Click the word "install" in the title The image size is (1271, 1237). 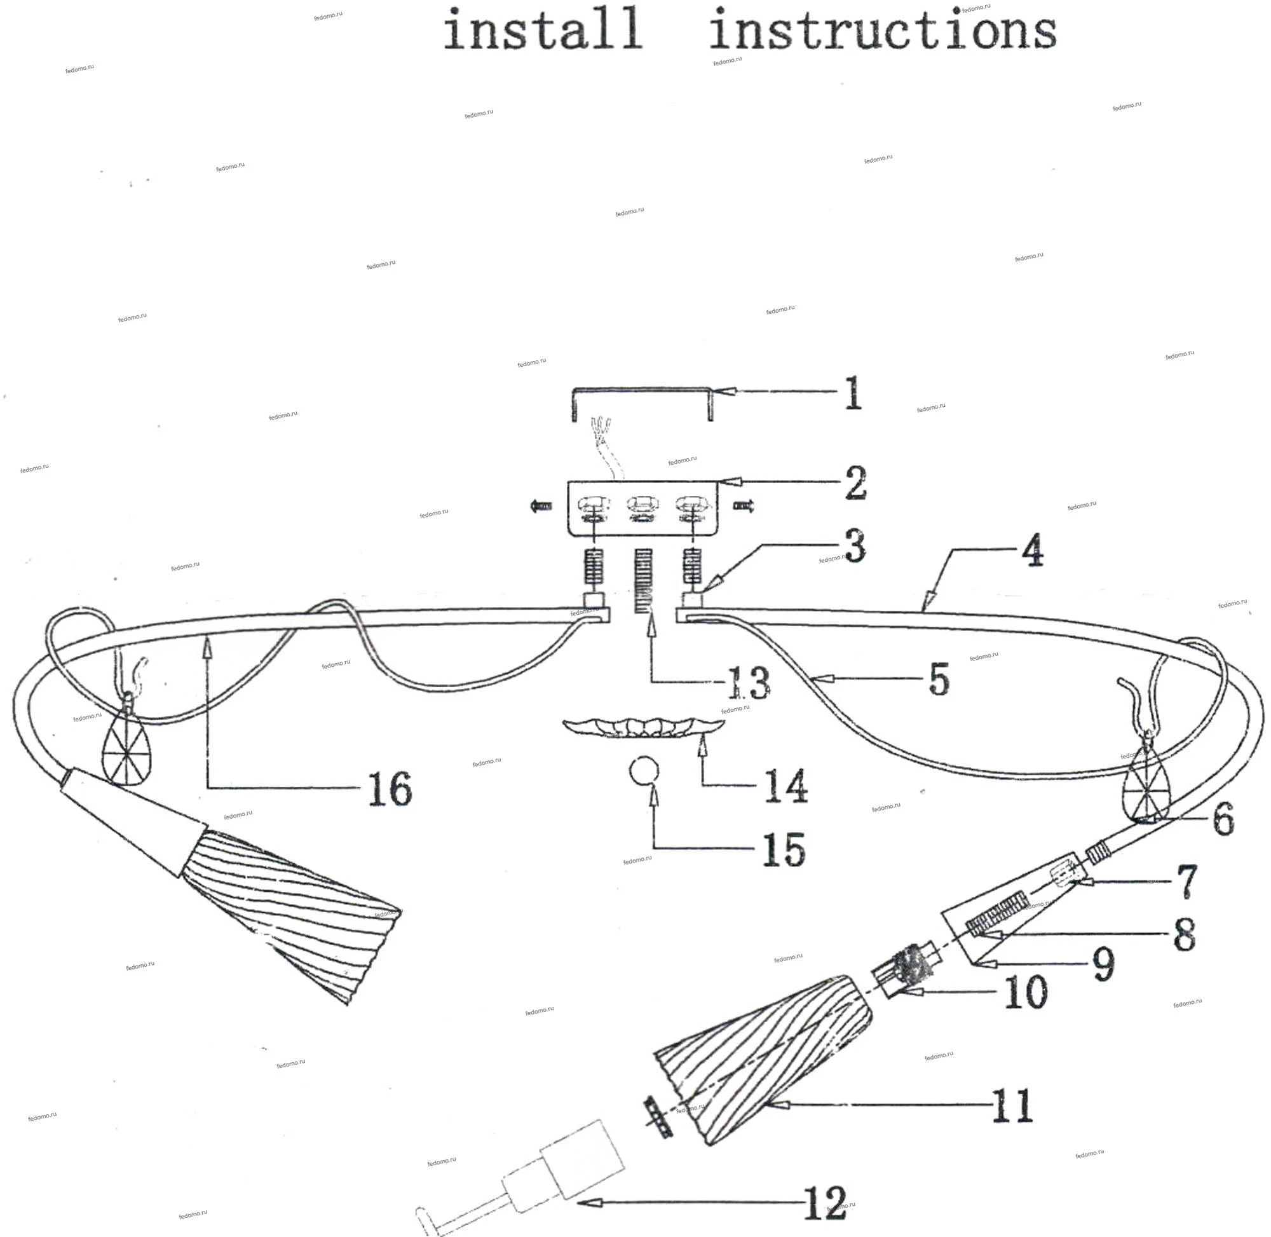pos(543,31)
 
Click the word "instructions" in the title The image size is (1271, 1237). pos(883,31)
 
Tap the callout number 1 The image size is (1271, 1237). pos(853,392)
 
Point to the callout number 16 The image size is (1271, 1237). pos(390,789)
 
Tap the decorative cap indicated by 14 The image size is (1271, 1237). pos(643,728)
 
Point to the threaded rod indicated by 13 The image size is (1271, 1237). pos(643,582)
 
